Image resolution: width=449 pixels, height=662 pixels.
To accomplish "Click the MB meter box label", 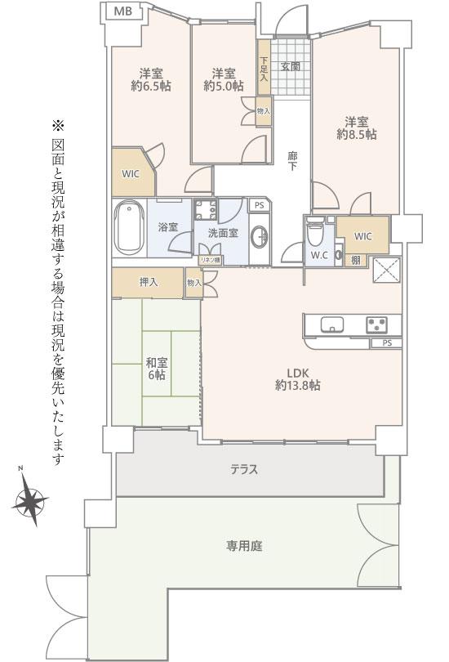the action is (x=122, y=11).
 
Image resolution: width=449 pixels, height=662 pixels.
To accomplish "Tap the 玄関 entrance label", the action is (x=290, y=66).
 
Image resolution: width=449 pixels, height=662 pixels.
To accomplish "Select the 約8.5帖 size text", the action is (x=356, y=135).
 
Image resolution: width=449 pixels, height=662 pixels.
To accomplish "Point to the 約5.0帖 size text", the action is (x=223, y=86).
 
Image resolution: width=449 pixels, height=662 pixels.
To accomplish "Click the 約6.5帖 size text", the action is (x=150, y=86).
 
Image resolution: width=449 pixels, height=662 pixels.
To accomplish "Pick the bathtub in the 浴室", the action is (x=130, y=227).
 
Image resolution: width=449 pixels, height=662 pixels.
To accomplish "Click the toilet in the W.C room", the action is (x=315, y=232).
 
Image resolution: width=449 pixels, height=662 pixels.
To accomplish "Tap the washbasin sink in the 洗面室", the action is (x=260, y=236).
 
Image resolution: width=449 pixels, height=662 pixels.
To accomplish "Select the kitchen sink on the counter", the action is (x=332, y=324).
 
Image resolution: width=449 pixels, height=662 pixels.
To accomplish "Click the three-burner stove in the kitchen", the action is (x=377, y=324).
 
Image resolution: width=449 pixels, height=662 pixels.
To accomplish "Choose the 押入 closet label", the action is (x=149, y=282).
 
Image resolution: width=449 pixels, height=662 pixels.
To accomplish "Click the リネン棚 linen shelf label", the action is (x=210, y=261).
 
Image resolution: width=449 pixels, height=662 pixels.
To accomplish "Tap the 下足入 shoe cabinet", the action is (x=264, y=68).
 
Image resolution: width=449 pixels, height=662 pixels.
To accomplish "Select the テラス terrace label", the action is (x=244, y=469).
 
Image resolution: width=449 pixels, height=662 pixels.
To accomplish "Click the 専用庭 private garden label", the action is (x=244, y=546).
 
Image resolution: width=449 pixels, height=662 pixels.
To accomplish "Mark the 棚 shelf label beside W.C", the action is (x=356, y=261).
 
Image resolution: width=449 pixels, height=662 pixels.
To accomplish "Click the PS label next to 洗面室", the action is (x=260, y=206).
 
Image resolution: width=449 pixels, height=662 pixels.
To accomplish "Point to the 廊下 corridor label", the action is (x=292, y=160).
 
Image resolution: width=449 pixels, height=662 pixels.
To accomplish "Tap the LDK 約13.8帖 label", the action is (x=298, y=379).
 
